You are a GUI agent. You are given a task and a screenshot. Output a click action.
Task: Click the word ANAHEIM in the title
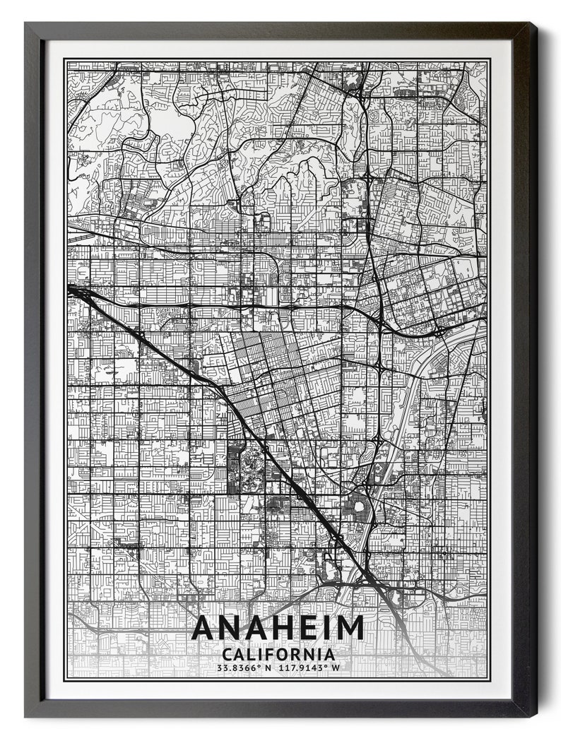coord(277,627)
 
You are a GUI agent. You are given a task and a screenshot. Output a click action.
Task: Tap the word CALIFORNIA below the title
coord(278,654)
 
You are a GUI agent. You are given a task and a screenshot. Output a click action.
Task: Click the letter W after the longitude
coord(336,668)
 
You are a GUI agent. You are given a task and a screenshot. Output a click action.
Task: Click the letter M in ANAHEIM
coord(350,627)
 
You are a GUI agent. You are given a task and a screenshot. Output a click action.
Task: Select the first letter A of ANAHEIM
coord(205,627)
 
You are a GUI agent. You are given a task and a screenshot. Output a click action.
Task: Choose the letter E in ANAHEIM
coord(307,627)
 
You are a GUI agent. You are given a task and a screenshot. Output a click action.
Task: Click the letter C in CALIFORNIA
coord(226,654)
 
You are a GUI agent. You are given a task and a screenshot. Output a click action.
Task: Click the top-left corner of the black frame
coord(25,23)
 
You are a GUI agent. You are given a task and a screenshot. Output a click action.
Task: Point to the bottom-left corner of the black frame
coord(25,716)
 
